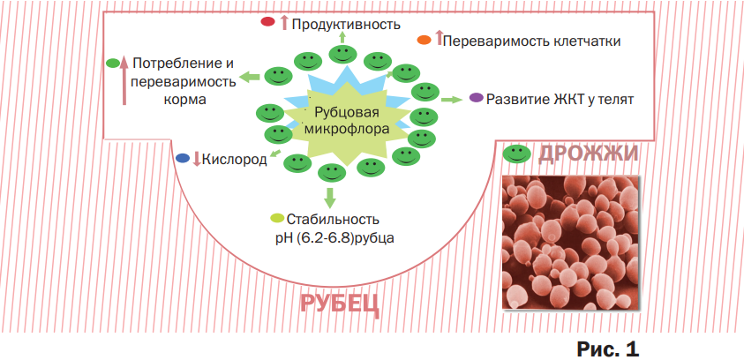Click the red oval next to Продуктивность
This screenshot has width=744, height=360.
click(x=267, y=22)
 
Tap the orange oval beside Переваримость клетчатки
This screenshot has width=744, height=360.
click(x=424, y=41)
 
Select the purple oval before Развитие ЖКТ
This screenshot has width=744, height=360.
click(x=476, y=98)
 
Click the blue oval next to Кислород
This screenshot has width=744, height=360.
click(x=183, y=158)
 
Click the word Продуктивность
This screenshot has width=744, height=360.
click(x=346, y=24)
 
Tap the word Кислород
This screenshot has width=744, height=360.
click(x=235, y=160)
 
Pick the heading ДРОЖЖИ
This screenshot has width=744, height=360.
click(x=589, y=154)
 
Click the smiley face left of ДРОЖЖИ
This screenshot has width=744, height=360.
click(x=516, y=154)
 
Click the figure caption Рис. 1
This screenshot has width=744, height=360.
click(x=608, y=349)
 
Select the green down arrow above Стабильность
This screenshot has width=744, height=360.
click(x=331, y=197)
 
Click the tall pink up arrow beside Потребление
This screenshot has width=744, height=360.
click(x=124, y=79)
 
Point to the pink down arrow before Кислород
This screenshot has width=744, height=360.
click(x=197, y=159)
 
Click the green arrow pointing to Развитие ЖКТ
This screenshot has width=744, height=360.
click(x=452, y=99)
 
